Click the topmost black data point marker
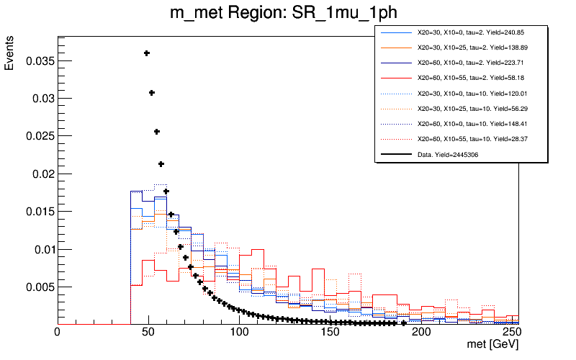[x=147, y=53]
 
